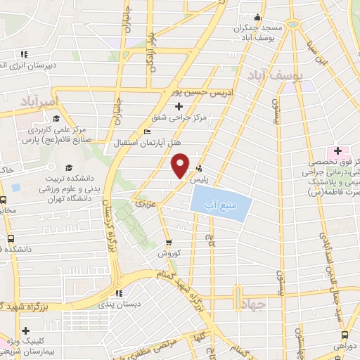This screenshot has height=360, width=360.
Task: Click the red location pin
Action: click(x=181, y=165)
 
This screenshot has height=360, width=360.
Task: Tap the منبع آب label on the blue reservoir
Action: click(x=217, y=205)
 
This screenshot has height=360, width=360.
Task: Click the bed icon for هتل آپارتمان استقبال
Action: click(x=146, y=131)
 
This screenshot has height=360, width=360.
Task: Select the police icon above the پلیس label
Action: click(x=201, y=168)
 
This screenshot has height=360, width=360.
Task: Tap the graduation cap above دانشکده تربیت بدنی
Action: click(x=69, y=167)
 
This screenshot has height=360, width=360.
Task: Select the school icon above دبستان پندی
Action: click(x=119, y=293)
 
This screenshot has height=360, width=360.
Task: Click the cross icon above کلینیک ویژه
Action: click(x=26, y=330)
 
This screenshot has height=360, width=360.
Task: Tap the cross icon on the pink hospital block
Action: click(x=337, y=150)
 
